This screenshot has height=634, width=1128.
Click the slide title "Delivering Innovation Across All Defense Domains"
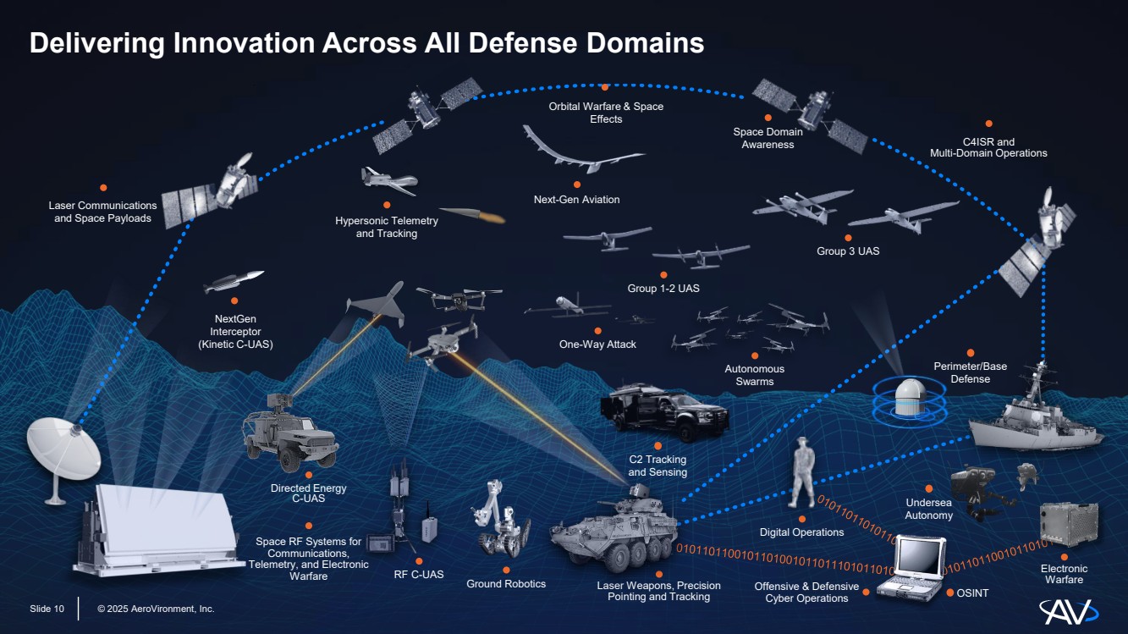pos(366,43)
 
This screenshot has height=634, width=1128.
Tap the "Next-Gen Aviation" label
pos(576,200)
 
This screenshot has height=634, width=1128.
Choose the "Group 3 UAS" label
pos(847,251)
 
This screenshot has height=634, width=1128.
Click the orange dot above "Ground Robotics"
pos(506,571)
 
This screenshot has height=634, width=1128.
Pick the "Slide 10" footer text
pos(47,609)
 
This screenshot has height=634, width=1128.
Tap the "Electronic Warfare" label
pos(1064,574)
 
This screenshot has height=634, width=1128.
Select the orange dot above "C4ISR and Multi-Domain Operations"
pos(988,124)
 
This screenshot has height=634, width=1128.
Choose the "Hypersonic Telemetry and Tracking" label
pos(387,227)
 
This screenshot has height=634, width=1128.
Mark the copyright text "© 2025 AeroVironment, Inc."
pos(156,609)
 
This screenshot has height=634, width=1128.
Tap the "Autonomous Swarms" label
pos(754,375)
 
